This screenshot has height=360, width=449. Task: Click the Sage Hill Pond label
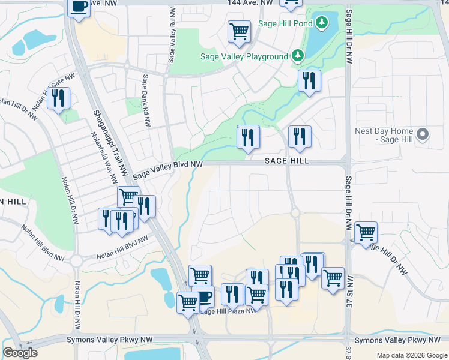[285, 23]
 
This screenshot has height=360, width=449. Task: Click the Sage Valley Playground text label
[244, 56]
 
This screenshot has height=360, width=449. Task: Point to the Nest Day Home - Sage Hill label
[384, 135]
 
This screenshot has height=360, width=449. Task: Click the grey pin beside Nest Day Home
[423, 134]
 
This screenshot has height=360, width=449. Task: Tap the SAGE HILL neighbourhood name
[287, 161]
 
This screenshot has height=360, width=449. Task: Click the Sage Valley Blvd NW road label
[167, 168]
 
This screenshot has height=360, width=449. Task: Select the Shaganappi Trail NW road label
[110, 134]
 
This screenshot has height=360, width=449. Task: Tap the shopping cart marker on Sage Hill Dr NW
[365, 232]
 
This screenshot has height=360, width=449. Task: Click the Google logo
[20, 353]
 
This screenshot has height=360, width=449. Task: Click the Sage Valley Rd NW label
[172, 35]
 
